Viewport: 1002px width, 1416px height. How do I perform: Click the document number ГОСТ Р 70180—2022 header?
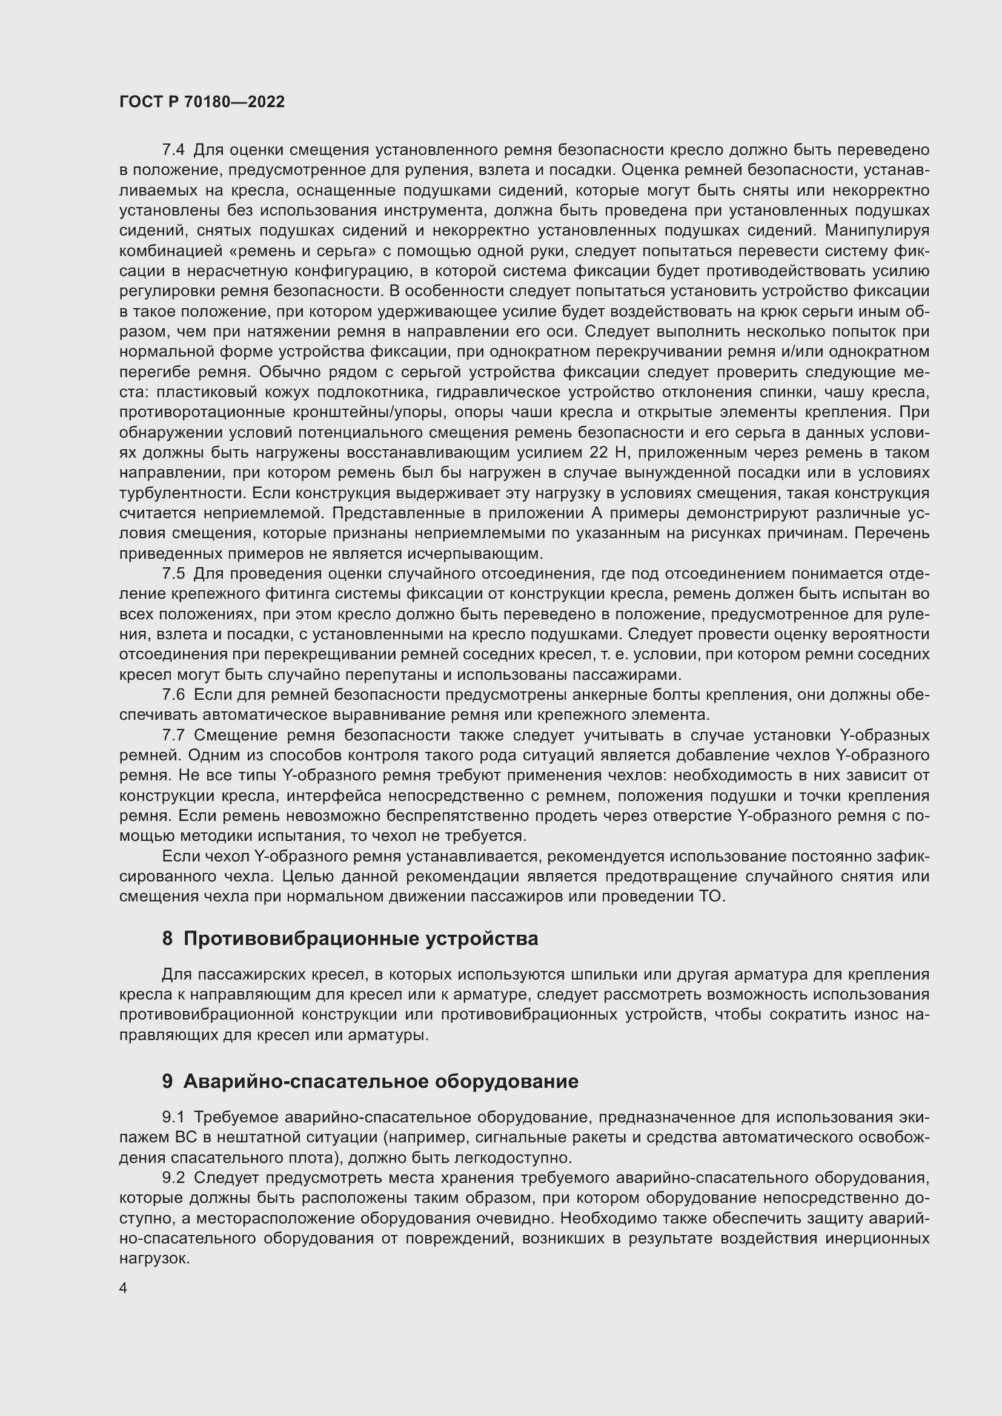coord(202,102)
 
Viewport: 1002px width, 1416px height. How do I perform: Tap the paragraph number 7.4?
coord(173,150)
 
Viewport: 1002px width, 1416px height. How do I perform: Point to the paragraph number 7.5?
coord(173,573)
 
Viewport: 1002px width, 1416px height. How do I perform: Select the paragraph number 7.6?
coord(173,694)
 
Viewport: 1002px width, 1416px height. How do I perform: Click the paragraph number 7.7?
coord(173,735)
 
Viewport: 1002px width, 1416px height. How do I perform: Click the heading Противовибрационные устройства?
coord(361,939)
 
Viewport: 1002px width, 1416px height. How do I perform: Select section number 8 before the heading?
coord(167,939)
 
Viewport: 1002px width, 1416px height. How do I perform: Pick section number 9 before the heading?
coord(167,1081)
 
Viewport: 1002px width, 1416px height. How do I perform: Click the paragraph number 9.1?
coord(173,1117)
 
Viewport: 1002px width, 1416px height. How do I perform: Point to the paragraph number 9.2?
coord(173,1177)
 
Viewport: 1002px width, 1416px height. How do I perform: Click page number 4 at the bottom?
coord(124,1288)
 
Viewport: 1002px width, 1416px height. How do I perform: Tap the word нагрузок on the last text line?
coord(153,1258)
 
